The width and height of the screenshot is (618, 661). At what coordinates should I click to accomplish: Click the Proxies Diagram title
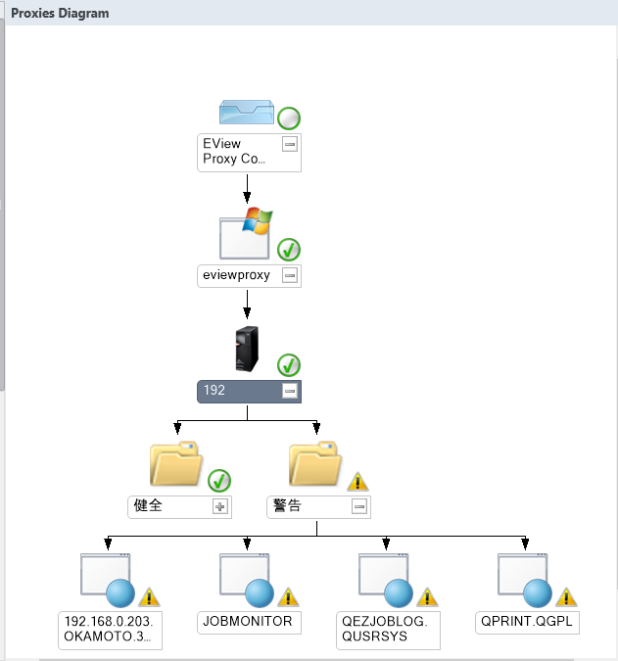click(60, 14)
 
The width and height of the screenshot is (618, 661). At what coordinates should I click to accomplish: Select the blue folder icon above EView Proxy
click(246, 113)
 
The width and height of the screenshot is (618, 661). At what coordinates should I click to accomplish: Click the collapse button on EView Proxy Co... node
click(289, 144)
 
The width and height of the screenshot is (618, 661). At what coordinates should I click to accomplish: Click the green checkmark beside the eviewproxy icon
click(289, 249)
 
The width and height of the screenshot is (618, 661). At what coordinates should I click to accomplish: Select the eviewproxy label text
click(236, 275)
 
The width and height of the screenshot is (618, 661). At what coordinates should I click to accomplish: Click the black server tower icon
click(248, 350)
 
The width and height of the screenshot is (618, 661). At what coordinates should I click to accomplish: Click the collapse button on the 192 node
click(289, 391)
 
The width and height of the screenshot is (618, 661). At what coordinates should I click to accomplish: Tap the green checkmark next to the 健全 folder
click(219, 481)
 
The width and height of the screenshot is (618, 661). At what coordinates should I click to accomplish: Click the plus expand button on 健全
click(219, 507)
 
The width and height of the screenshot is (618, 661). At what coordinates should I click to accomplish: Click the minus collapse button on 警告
click(359, 507)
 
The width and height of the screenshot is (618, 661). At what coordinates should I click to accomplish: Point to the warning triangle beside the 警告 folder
click(358, 481)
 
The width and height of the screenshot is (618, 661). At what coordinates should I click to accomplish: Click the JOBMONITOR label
click(247, 621)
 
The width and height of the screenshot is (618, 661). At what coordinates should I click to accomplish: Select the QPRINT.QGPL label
click(525, 621)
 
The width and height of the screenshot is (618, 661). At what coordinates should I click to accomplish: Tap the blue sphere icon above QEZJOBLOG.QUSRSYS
click(399, 593)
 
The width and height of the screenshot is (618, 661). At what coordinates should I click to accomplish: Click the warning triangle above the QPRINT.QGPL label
click(567, 596)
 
